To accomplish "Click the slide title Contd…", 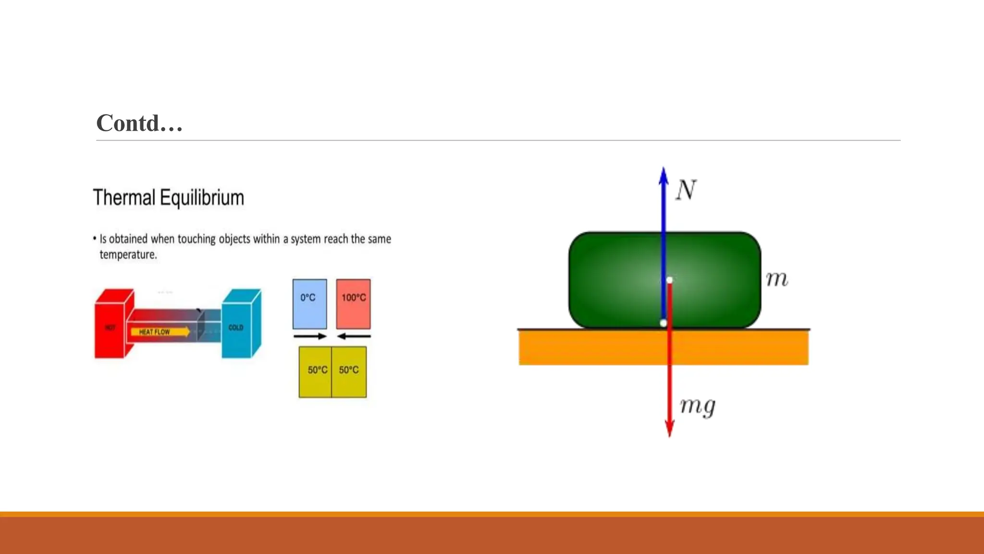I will click(x=139, y=123).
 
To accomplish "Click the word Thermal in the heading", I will click(x=124, y=198).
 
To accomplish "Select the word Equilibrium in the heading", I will click(x=202, y=198).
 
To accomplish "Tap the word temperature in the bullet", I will click(x=128, y=254).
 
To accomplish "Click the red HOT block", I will click(x=110, y=327).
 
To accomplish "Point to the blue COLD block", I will click(x=236, y=327).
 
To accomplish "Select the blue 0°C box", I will click(x=309, y=303).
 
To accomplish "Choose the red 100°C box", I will click(x=353, y=303).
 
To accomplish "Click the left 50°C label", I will click(x=317, y=370).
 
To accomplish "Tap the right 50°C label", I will click(x=349, y=370).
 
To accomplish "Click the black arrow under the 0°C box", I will click(x=310, y=336).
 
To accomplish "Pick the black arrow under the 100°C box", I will click(x=354, y=336).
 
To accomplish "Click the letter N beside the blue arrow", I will click(x=686, y=190).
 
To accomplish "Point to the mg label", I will click(x=698, y=406).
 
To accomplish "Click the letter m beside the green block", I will click(x=776, y=279).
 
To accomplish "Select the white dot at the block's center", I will click(x=669, y=280).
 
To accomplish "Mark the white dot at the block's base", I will click(x=664, y=323).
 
